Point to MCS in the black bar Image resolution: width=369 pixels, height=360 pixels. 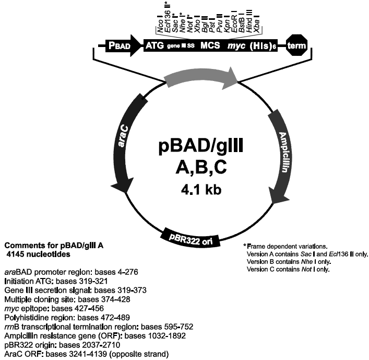pyautogui.click(x=212, y=47)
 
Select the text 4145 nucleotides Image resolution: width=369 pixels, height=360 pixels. pyautogui.click(x=39, y=253)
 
